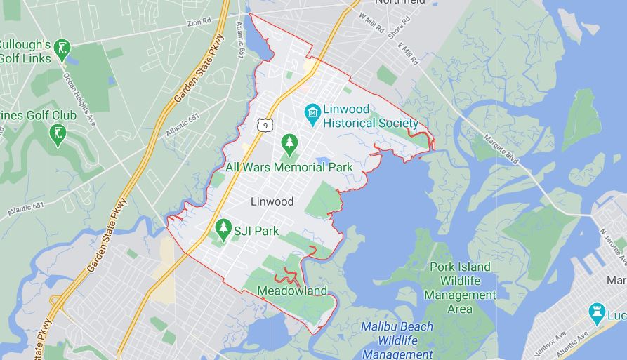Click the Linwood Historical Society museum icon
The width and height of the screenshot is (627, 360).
(x=312, y=112)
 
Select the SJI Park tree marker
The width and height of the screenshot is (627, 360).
(x=223, y=227)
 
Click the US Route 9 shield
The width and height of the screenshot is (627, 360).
(x=264, y=124)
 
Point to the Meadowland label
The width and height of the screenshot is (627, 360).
(x=292, y=291)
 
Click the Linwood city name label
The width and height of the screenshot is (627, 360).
(x=272, y=201)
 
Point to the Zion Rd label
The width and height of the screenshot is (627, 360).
(x=199, y=22)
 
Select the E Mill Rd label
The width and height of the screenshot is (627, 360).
(x=408, y=55)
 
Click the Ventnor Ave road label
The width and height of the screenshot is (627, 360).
(x=539, y=342)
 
